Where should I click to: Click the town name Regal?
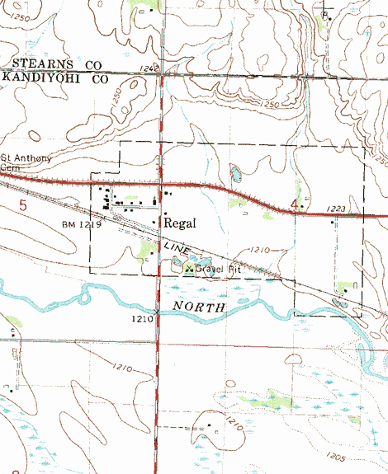[x=179, y=223]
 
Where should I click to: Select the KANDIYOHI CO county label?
[x=55, y=79]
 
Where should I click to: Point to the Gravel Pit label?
[x=216, y=268]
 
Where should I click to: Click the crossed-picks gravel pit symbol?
[x=190, y=268]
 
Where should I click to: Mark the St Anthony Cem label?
[x=18, y=162]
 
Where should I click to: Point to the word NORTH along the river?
[x=200, y=307]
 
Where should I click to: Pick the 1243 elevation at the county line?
[x=149, y=68]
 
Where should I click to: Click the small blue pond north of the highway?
[x=236, y=174]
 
